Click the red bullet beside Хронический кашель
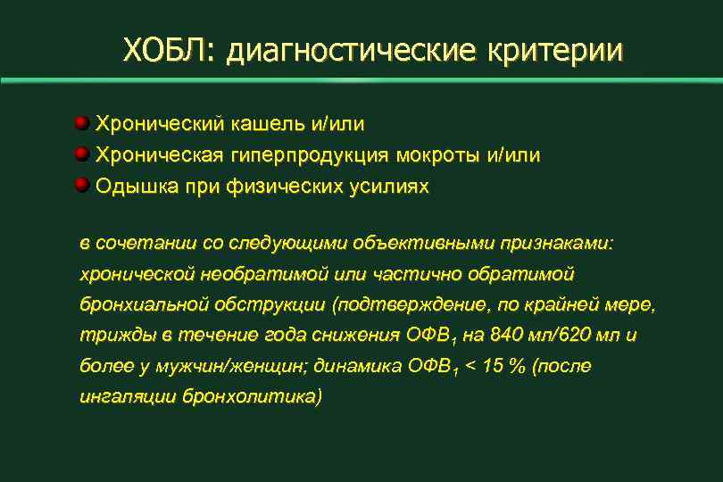click(x=82, y=120)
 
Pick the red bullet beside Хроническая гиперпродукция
click(x=82, y=154)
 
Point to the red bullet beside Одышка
click(x=82, y=186)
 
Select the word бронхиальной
click(x=144, y=304)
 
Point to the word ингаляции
click(x=128, y=395)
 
